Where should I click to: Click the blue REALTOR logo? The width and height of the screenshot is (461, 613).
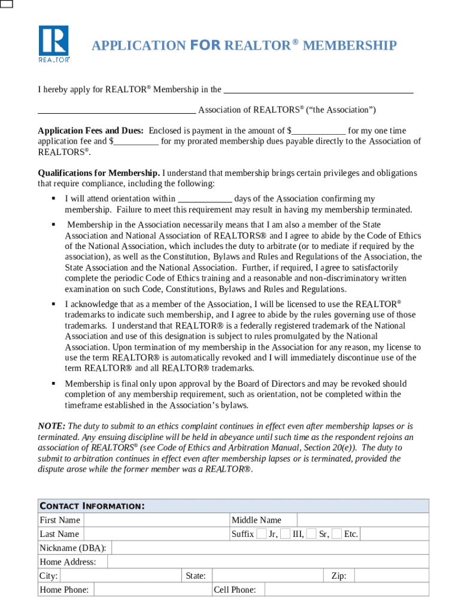coord(54,44)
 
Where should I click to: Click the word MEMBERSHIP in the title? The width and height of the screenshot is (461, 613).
coord(350,45)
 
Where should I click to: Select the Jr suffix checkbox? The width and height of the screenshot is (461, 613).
coord(261,534)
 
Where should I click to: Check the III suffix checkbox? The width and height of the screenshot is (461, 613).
coord(286,534)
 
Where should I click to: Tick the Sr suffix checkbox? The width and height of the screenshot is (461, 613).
coord(311,534)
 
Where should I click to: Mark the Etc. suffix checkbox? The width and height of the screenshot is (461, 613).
coord(337,534)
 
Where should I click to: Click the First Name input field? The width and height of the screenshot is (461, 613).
coord(156,520)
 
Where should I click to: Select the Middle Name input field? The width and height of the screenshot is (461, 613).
coord(362,520)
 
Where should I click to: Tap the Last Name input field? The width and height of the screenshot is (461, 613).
coord(156,534)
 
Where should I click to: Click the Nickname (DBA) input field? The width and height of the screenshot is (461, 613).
coord(269,548)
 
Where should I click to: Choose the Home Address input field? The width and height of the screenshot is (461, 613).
coord(267,562)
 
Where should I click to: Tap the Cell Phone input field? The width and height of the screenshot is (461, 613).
coord(343,590)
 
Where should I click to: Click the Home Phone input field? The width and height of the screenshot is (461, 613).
coord(153,590)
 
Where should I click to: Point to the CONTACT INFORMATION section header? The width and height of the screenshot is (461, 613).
coord(92,506)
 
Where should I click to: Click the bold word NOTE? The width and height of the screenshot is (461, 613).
coord(51,426)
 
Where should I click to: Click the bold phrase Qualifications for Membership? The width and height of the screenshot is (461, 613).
coord(99,173)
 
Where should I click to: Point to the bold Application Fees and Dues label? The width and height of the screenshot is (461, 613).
coord(90,131)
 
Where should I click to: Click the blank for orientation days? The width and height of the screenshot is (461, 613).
coord(205,199)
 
